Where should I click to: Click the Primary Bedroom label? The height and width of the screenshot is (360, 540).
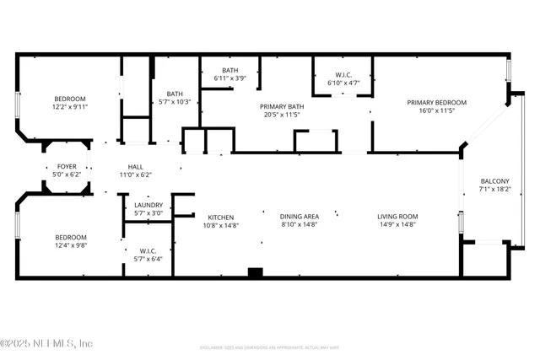point(436,103)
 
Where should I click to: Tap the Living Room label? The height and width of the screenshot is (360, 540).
point(397,217)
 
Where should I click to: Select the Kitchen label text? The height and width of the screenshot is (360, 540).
point(221,217)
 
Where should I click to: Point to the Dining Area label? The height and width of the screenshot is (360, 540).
point(300,217)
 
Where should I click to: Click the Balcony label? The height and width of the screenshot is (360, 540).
point(494,181)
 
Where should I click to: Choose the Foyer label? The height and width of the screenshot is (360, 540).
point(67,167)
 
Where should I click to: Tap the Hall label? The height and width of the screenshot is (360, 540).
point(135,167)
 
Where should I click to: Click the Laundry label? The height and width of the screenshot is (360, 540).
point(148,205)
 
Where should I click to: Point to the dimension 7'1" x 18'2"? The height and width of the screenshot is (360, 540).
point(494,190)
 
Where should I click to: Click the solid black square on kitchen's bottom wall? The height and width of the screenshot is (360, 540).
point(256,272)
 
